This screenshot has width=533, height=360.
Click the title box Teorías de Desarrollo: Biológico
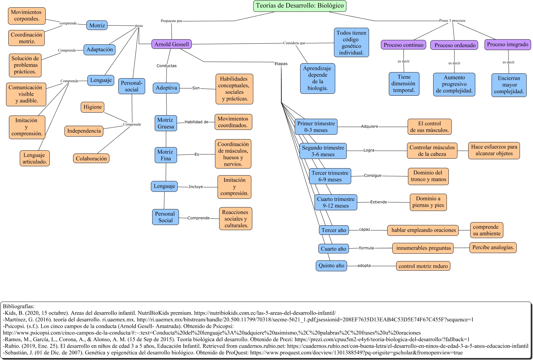pyautogui.click(x=300, y=6)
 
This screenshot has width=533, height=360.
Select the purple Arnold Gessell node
pyautogui.click(x=172, y=44)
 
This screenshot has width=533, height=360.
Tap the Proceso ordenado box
pyautogui.click(x=455, y=45)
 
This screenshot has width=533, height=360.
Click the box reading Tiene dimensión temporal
pyautogui.click(x=404, y=84)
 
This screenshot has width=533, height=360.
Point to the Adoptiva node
pyautogui.click(x=166, y=88)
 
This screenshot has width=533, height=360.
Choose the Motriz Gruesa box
pyautogui.click(x=166, y=123)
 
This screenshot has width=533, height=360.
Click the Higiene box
pyautogui.click(x=93, y=107)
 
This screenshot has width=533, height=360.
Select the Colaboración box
pyautogui.click(x=91, y=159)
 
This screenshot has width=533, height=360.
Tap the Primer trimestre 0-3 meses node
pyautogui.click(x=316, y=127)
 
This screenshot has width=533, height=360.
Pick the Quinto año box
pyautogui.click(x=331, y=266)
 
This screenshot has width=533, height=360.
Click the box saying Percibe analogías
pyautogui.click(x=493, y=247)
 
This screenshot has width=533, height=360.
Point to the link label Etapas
pyautogui.click(x=281, y=64)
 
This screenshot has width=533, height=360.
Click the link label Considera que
pyautogui.click(x=294, y=43)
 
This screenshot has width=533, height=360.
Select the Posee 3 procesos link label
pyautogui.click(x=452, y=21)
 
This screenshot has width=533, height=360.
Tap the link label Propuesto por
pyautogui.click(x=172, y=21)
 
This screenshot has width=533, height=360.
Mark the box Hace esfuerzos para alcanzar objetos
pyautogui.click(x=494, y=150)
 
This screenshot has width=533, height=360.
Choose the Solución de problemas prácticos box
pyautogui.click(x=25, y=65)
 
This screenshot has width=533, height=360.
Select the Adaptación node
pyautogui.click(x=100, y=50)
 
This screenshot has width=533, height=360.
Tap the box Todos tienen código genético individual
pyautogui.click(x=351, y=42)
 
